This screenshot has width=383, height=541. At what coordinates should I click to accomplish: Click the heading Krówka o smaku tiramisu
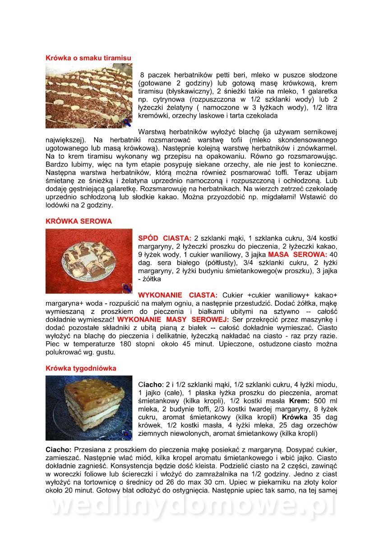(88, 58)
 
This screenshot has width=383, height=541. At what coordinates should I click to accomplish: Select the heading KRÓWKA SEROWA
(78, 221)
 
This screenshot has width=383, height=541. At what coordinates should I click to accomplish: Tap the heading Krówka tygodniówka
(81, 368)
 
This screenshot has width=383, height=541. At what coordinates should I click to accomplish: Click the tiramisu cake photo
(89, 96)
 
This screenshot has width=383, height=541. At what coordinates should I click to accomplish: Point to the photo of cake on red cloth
(89, 261)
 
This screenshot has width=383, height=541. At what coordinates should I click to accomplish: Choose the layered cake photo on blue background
(89, 408)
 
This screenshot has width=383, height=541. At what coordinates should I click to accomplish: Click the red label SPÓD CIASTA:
(165, 238)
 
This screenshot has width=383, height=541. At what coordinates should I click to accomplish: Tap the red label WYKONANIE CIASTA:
(177, 295)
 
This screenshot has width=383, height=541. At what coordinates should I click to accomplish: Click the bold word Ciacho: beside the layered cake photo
(150, 384)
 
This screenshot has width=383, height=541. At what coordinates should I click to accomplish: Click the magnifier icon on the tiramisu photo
(127, 122)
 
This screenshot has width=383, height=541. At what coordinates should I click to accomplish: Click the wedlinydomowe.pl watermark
(192, 507)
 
